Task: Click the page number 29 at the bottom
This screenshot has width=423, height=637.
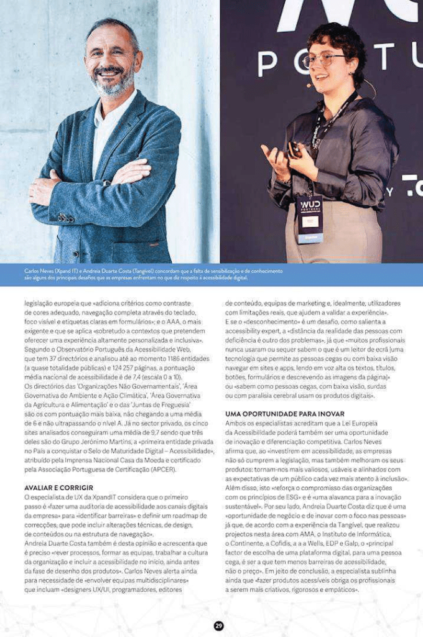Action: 218,626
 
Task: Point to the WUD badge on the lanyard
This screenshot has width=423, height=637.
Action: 310,215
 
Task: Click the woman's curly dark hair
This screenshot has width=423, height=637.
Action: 336,37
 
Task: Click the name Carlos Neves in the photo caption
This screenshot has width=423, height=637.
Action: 39,272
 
